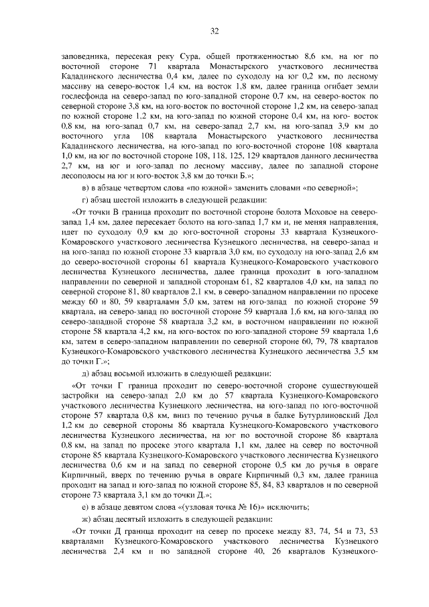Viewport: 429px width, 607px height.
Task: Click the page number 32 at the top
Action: pos(214,30)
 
